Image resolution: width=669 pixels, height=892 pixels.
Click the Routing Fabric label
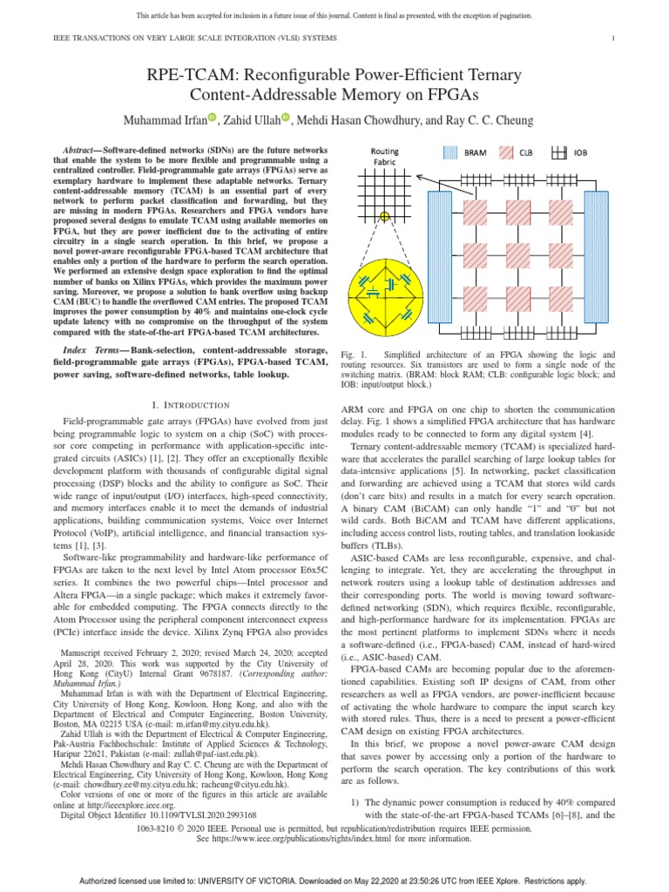(384, 156)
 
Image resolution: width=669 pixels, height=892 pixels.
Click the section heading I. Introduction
(190, 405)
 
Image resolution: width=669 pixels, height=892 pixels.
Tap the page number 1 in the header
(614, 37)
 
